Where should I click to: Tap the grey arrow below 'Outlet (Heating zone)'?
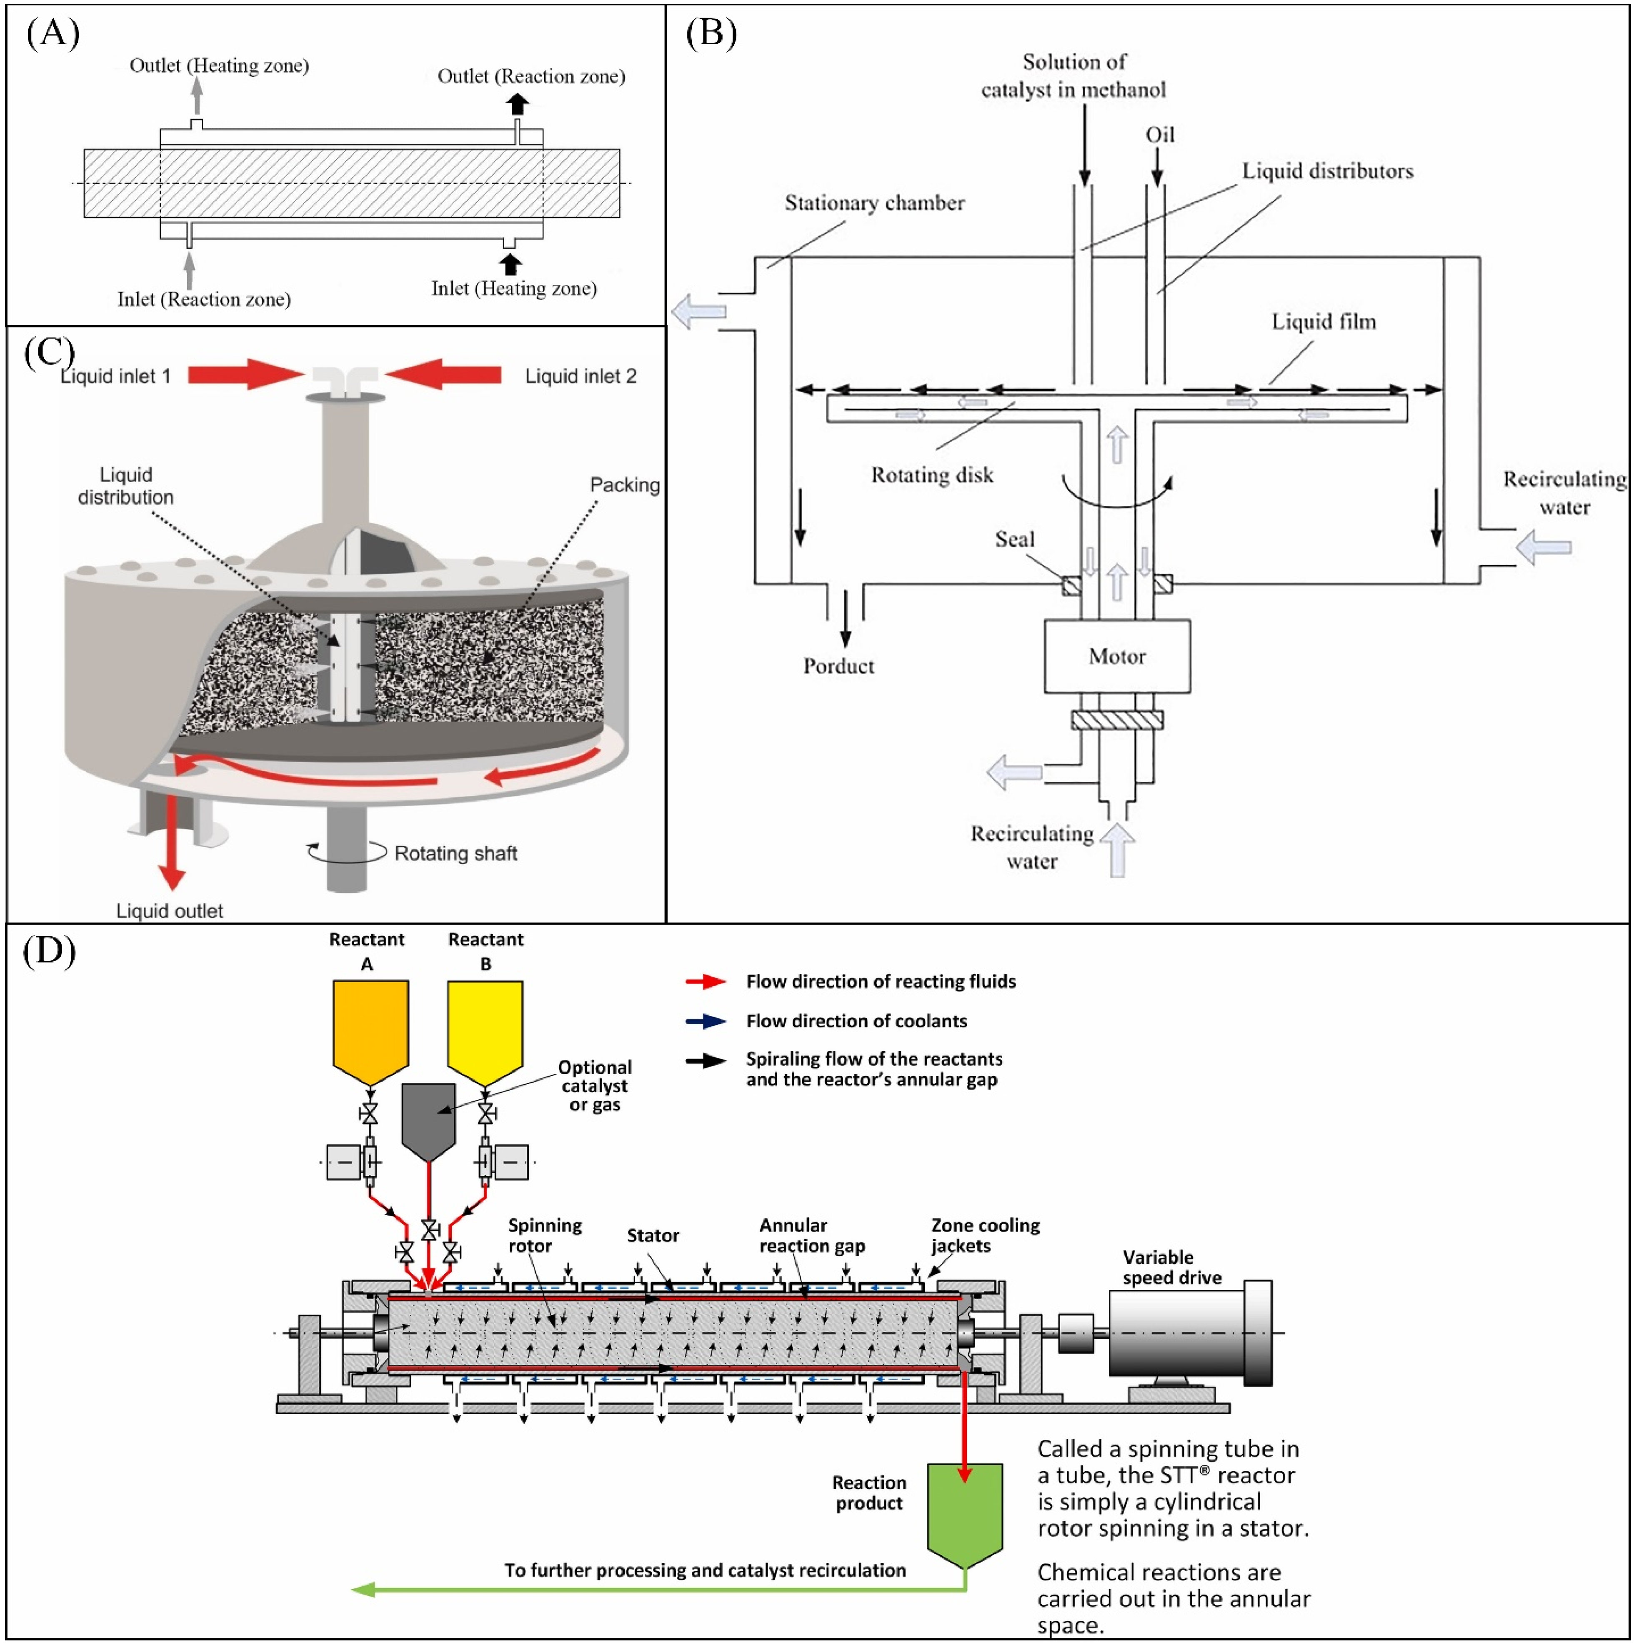coord(197,96)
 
